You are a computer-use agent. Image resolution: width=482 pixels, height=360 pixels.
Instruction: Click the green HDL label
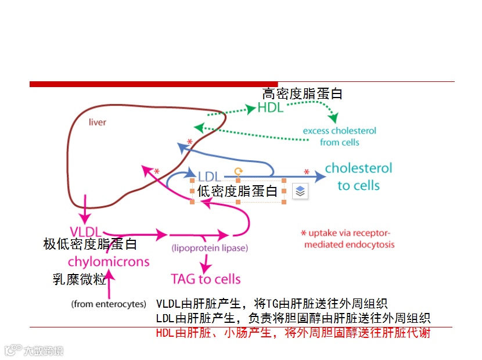(x=271, y=108)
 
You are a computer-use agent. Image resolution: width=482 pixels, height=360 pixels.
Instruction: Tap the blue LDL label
(x=210, y=176)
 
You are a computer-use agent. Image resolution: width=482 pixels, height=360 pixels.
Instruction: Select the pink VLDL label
(x=86, y=231)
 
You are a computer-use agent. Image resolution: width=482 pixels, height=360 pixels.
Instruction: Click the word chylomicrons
(x=109, y=261)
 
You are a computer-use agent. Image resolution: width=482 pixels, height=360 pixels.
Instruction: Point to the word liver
(x=97, y=123)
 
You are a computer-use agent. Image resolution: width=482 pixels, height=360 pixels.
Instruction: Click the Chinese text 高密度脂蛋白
(x=302, y=93)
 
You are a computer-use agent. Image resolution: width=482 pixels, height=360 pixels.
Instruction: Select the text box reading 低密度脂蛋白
(x=238, y=192)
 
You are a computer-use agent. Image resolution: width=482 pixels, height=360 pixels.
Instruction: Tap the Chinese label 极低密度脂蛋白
(x=90, y=244)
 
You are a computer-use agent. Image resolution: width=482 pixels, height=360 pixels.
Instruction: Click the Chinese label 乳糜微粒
(x=80, y=280)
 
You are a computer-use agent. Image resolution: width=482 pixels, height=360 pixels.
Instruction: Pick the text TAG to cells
(x=206, y=279)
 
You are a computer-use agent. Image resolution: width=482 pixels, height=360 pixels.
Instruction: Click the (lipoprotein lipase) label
(x=210, y=248)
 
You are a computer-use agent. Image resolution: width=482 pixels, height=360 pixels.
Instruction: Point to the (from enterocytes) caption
(x=109, y=304)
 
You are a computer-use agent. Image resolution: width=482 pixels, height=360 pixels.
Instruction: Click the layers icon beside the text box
(x=300, y=192)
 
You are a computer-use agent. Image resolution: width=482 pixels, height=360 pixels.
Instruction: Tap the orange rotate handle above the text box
(x=238, y=171)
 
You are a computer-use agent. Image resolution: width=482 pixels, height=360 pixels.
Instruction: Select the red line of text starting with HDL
(x=293, y=333)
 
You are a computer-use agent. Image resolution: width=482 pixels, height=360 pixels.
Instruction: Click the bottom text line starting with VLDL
(x=272, y=304)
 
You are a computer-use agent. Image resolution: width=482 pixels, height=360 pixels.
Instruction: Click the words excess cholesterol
(x=340, y=131)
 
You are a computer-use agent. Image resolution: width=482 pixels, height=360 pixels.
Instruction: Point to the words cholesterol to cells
(x=358, y=177)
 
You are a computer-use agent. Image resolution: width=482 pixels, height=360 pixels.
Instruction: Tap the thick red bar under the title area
(x=153, y=84)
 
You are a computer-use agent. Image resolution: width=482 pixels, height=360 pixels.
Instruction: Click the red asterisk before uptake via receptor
(x=303, y=233)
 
